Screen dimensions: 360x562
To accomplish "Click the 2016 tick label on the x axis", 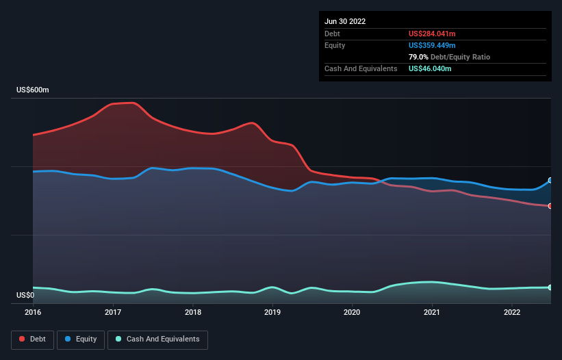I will click(x=33, y=312).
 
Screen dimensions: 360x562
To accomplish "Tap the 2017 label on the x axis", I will click(x=113, y=312).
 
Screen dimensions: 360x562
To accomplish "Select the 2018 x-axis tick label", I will click(x=193, y=312).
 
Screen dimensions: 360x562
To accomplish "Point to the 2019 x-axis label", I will click(x=272, y=312).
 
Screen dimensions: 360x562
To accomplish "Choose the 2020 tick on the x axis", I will click(x=352, y=312).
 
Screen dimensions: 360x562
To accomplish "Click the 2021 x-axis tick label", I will click(x=432, y=312).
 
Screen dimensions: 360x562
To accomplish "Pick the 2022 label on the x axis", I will click(x=511, y=312).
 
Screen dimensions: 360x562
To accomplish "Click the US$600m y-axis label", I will click(x=33, y=90).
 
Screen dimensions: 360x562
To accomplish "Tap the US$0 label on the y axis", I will click(x=25, y=295).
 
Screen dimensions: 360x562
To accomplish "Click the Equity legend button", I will click(x=81, y=339).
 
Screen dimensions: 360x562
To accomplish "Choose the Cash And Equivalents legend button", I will click(x=157, y=339).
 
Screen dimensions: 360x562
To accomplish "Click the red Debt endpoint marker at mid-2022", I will click(x=550, y=206).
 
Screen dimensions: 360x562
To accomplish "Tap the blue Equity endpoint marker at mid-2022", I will click(x=550, y=181).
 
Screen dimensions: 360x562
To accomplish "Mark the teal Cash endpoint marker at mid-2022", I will click(x=550, y=287).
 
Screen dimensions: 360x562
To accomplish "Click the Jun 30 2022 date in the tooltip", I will click(x=345, y=21).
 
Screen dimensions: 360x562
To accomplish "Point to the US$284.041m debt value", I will click(x=432, y=34).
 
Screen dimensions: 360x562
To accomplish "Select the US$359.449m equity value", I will click(x=432, y=45).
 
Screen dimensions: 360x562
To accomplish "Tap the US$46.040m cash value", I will click(x=430, y=68).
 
